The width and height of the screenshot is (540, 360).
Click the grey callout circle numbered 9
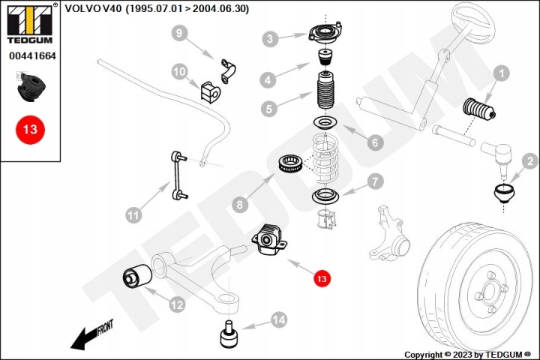point(178,33)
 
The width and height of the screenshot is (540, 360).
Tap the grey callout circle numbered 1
point(500,73)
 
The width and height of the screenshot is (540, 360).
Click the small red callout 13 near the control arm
point(321,278)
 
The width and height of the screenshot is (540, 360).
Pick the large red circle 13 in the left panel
point(29,129)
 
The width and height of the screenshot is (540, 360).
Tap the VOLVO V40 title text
point(157,9)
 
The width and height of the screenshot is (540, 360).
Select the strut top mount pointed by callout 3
point(323,34)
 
